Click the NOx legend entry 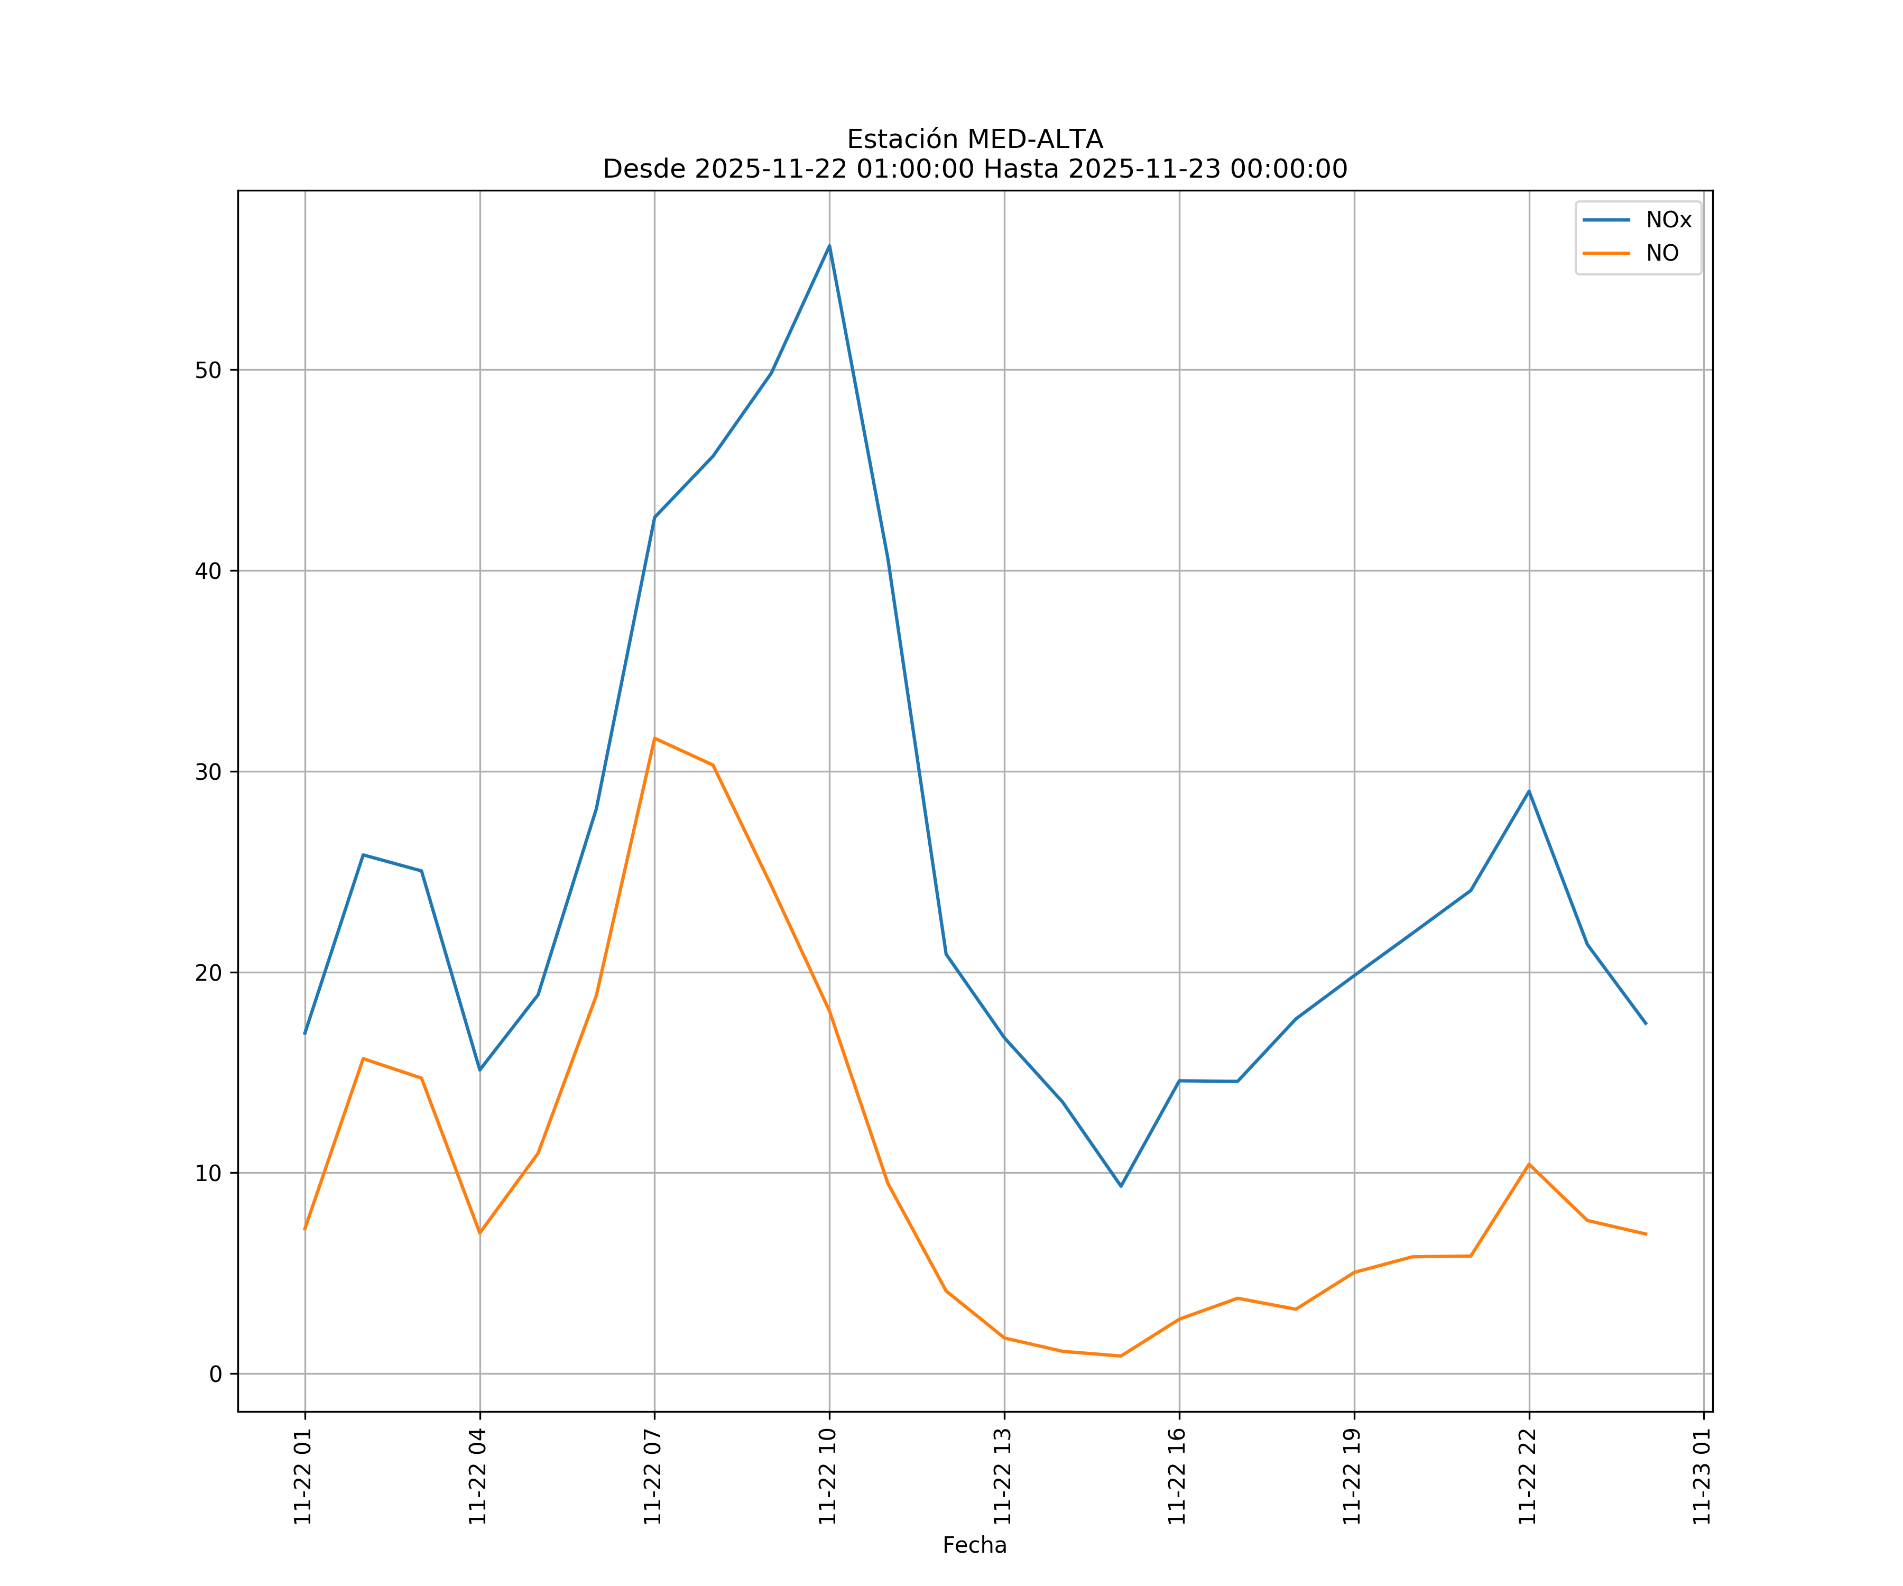[1667, 220]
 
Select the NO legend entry [1662, 254]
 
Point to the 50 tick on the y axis [208, 370]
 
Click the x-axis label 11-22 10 [827, 1477]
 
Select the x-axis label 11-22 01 [303, 1477]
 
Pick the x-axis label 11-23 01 [1702, 1477]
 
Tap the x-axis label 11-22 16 [1177, 1477]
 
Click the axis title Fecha [974, 1545]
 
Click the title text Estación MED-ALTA [974, 140]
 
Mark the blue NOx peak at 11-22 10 [829, 246]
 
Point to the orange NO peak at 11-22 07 [654, 739]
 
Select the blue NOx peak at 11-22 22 [1529, 791]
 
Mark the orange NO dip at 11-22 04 [479, 1232]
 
